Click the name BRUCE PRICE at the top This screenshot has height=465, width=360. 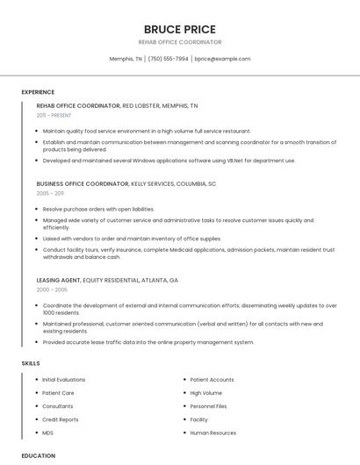coord(179,29)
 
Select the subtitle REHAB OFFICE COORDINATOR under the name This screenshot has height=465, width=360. coord(179,42)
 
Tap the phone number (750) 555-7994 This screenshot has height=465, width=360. coord(168,59)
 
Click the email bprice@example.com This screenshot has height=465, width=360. coord(222,59)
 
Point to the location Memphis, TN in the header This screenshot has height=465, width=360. coord(126,59)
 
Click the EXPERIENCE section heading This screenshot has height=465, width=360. coord(38,92)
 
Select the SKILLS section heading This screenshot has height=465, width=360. coord(30,363)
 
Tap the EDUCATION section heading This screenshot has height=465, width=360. coord(38,455)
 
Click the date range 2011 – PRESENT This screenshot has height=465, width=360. coord(54,115)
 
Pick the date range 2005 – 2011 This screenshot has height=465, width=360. coord(50,193)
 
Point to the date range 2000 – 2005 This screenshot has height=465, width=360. coord(52,289)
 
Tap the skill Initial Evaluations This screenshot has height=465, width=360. coord(64,380)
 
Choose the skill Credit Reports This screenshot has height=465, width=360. coord(61,419)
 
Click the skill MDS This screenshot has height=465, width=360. coord(48,433)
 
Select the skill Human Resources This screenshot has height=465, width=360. coord(212,433)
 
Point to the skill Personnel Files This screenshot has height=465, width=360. coord(208,406)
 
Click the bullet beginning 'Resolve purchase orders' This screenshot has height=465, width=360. coord(98,209)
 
